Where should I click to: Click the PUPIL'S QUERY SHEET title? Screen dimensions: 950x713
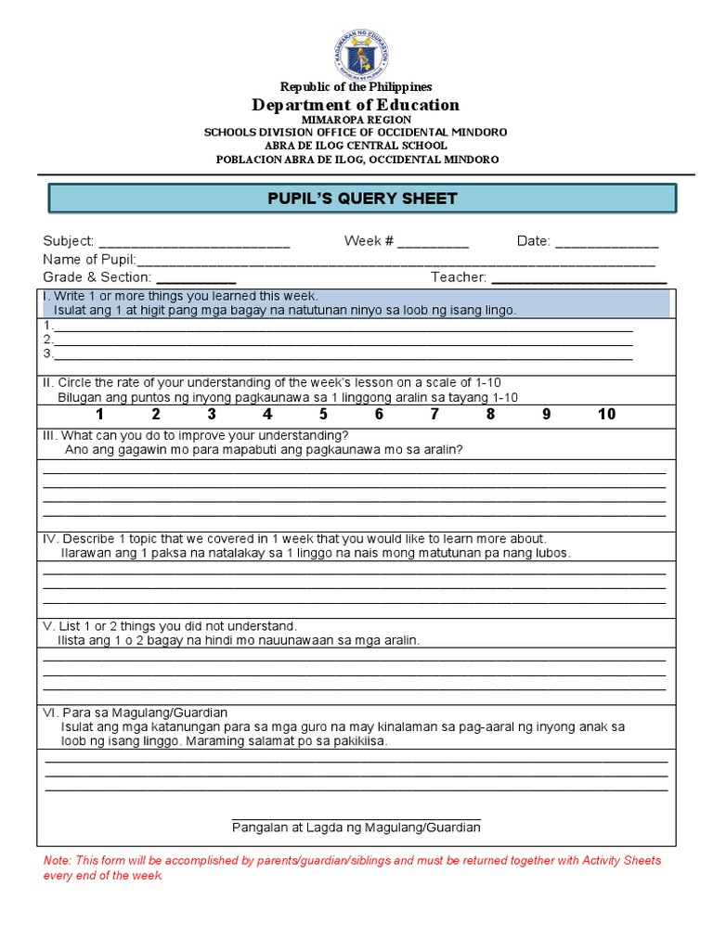[x=362, y=199]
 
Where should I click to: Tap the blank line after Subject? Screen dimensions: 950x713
[x=194, y=242]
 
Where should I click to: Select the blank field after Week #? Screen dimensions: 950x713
[x=434, y=242]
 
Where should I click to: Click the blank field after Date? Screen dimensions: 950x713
[x=606, y=242]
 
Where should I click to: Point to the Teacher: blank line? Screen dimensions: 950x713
[x=578, y=278]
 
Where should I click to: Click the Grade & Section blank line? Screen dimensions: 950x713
[x=196, y=278]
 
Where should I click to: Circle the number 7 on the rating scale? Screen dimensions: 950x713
[x=434, y=414]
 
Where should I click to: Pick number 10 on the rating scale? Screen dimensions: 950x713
[x=606, y=414]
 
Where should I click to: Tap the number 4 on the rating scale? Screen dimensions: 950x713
[x=267, y=414]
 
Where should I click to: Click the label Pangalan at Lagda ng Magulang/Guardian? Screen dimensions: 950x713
[x=356, y=827]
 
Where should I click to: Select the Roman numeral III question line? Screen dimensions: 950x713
[x=195, y=435]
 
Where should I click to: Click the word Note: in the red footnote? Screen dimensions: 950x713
[x=58, y=861]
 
